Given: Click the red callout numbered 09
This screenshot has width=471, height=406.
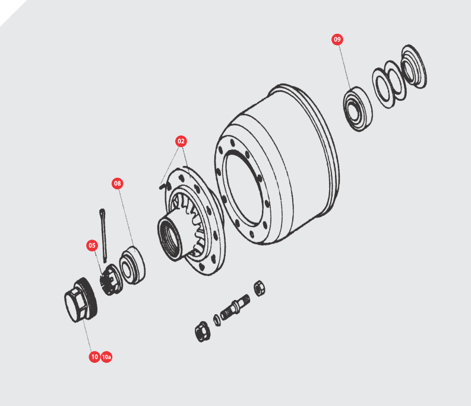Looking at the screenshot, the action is click(x=337, y=39).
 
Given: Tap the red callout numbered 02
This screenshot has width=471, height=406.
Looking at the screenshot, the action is click(x=181, y=141).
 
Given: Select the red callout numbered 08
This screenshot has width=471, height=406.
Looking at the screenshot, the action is click(x=118, y=183).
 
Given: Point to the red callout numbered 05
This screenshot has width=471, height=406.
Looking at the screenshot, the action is click(x=92, y=245).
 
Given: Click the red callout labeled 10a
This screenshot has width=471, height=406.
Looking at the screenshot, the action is click(x=106, y=357).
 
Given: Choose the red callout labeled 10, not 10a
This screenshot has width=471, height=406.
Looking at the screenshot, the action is click(x=94, y=357).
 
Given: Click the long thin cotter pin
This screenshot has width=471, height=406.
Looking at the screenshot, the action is click(x=103, y=235).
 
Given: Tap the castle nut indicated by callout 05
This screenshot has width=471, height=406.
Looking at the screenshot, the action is click(x=110, y=280).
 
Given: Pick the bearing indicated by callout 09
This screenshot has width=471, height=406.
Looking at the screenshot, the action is click(x=358, y=109).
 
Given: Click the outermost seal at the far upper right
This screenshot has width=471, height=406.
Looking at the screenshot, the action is click(x=414, y=67).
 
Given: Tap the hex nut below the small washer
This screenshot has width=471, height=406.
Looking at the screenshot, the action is click(x=202, y=331).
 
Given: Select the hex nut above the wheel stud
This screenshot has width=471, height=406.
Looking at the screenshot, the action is click(x=259, y=288).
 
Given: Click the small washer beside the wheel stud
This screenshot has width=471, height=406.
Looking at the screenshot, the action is click(x=217, y=320).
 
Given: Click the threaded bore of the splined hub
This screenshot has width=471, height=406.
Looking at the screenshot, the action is click(x=170, y=238).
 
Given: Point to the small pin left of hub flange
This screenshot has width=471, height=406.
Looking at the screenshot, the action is click(x=162, y=187).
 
